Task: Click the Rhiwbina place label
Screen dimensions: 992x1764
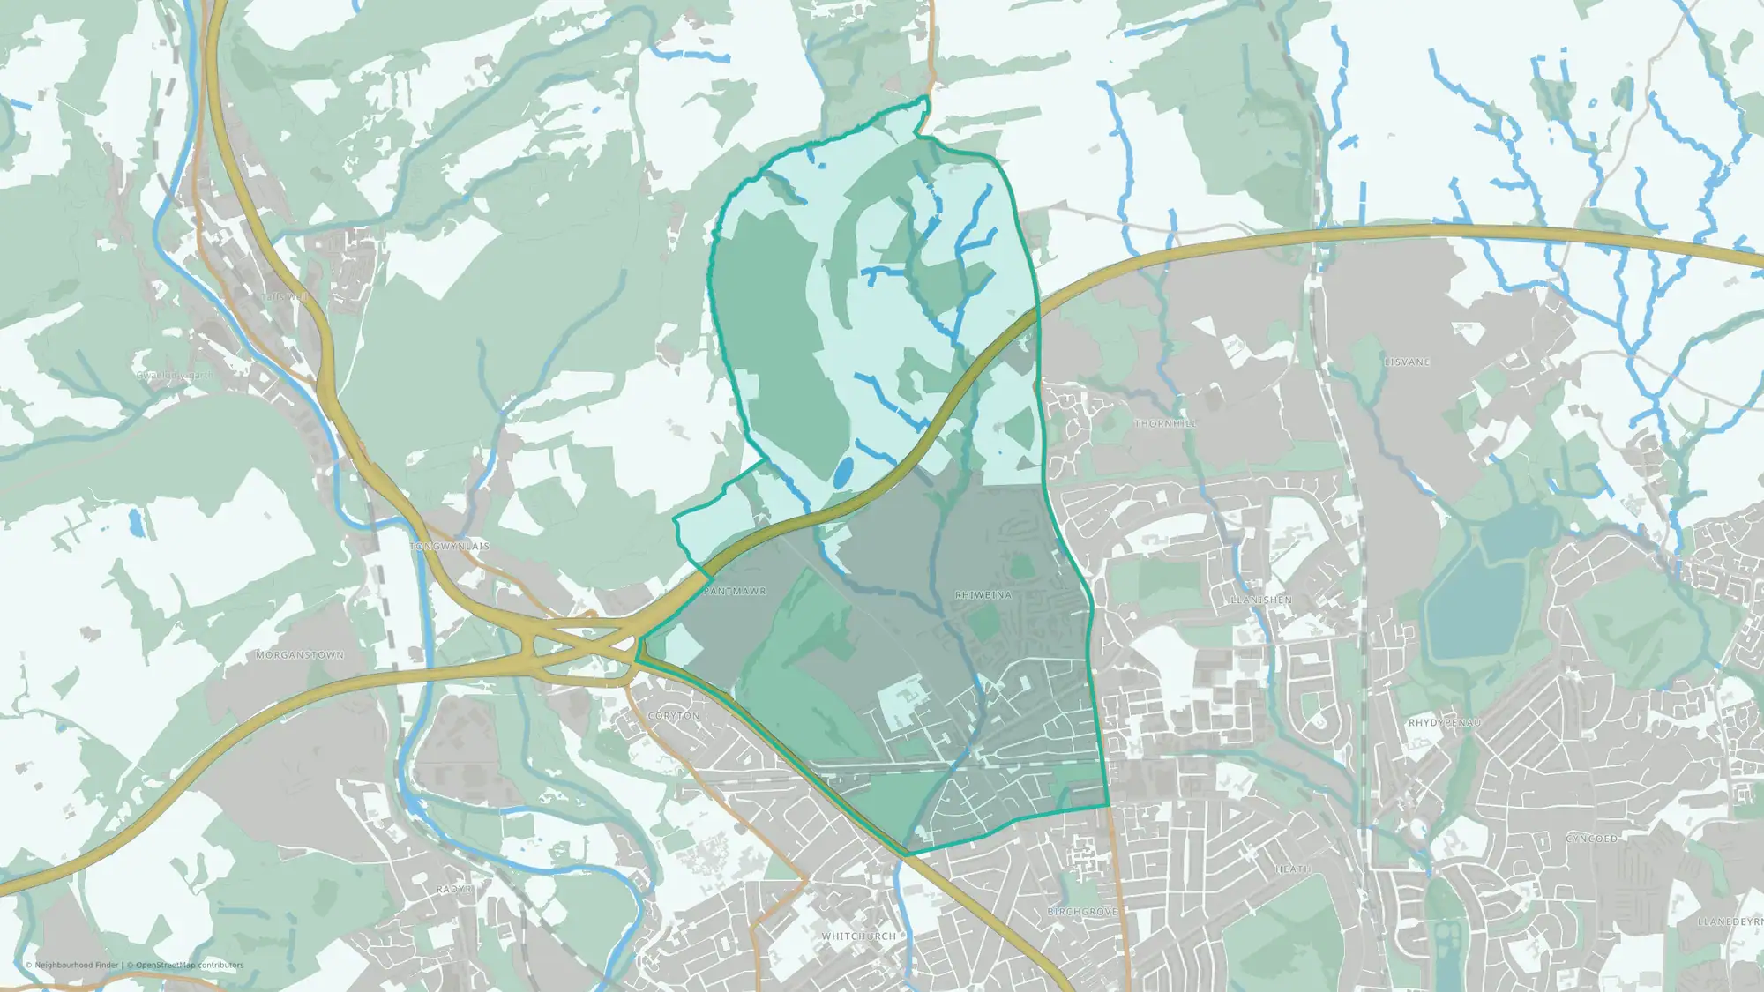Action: tap(983, 595)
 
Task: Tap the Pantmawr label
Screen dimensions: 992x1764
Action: tap(735, 591)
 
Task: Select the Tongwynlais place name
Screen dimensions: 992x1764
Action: tap(450, 547)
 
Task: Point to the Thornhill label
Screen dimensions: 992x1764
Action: tap(1165, 424)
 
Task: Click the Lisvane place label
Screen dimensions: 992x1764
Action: tap(1407, 362)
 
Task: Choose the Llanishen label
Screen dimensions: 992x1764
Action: tap(1261, 600)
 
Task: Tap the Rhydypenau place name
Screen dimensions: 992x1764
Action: tap(1444, 723)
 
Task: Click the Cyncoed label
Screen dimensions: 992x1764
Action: tap(1591, 839)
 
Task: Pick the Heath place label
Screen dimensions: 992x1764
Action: tap(1292, 869)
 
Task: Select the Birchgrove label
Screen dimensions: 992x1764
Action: tap(1082, 912)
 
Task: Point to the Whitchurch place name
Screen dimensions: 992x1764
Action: tap(858, 936)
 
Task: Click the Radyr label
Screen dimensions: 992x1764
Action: tap(454, 890)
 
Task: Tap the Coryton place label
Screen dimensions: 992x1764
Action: tap(673, 716)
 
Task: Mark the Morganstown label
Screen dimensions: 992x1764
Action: tap(300, 655)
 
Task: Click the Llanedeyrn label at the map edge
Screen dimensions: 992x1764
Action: tap(1730, 922)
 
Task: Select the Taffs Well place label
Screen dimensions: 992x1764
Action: tap(284, 297)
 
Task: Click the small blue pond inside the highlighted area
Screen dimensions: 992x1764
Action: tap(843, 473)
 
